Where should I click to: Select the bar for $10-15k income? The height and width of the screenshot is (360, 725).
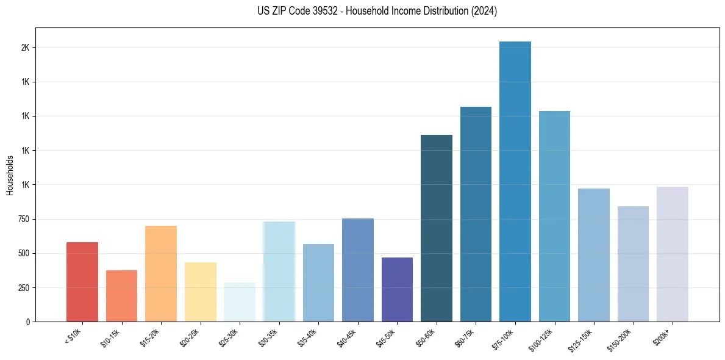click(x=121, y=296)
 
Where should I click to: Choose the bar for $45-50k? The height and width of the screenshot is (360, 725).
click(x=397, y=289)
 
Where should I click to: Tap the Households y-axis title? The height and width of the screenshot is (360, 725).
click(x=10, y=175)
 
